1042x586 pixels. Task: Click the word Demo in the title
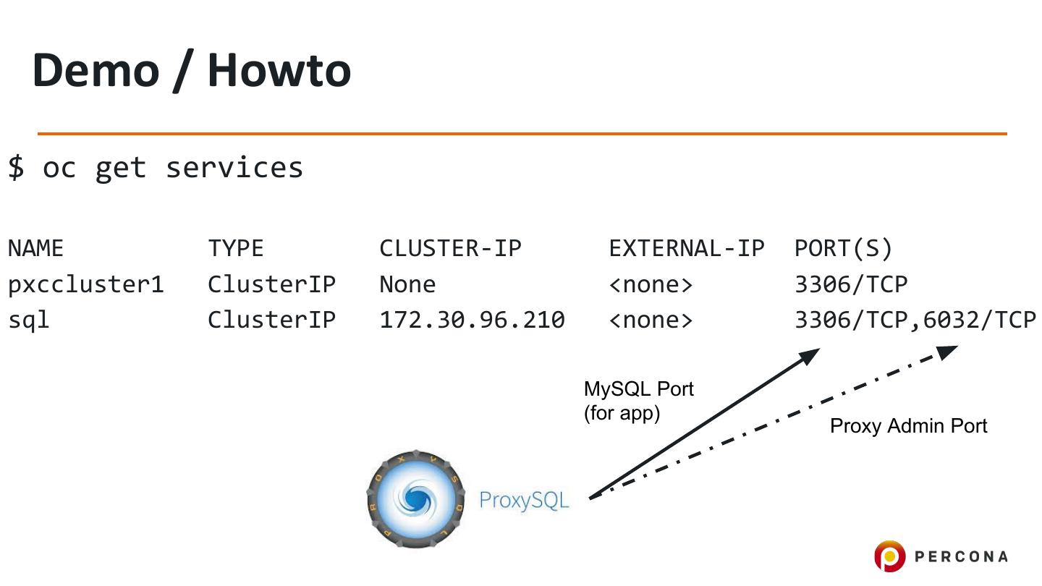95,70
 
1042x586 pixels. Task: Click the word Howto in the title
279,70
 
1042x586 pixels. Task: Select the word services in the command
234,168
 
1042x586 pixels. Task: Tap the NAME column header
35,249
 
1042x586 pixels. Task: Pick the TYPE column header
236,249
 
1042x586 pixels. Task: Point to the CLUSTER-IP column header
450,249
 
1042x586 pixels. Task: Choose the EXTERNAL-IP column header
686,249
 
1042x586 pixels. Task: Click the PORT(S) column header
844,249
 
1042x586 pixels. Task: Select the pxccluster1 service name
86,284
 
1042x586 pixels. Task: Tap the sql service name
29,320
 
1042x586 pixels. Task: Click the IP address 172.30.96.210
472,320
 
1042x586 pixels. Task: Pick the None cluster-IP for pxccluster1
407,284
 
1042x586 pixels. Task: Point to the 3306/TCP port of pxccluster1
851,284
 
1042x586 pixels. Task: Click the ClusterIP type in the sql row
271,320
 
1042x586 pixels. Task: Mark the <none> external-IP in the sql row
651,320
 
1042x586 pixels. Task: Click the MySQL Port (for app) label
638,401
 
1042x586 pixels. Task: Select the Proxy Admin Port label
908,425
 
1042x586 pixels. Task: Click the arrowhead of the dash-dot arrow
947,352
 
